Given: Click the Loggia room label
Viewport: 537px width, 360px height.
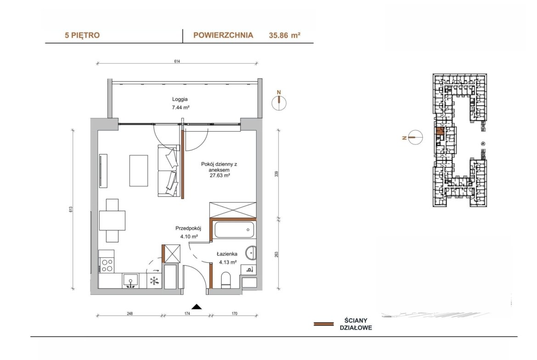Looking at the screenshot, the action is coord(180,99).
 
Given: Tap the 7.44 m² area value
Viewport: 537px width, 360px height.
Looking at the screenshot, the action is coord(180,107).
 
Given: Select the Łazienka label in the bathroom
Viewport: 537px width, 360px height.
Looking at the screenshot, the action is coord(227,254).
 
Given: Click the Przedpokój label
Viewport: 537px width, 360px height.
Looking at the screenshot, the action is coord(188,228).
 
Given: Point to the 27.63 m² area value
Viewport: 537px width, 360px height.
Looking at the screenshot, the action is coord(219,175).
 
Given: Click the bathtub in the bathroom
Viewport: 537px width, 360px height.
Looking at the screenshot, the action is coord(234,230).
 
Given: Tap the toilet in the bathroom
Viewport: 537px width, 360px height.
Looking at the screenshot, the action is coord(226,280).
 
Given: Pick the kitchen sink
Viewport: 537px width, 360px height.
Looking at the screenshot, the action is coord(130,280).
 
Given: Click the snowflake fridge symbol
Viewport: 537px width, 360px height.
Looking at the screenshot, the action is coord(155,281).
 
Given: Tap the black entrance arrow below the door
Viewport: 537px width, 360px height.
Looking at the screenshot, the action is coord(196,307).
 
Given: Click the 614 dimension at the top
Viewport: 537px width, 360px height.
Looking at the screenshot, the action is coord(177,61).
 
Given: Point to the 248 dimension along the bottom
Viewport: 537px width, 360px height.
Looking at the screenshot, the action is coord(129,314).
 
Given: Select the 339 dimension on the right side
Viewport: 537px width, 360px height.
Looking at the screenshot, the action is coord(277,174).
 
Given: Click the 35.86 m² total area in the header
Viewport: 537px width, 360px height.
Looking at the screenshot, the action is coord(285,35).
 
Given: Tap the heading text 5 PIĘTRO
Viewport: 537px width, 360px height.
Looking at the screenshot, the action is coord(82,35).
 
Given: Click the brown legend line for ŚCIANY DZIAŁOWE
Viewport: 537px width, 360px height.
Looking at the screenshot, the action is coord(324,324).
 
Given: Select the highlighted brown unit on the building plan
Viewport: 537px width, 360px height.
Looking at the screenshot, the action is coord(440,131).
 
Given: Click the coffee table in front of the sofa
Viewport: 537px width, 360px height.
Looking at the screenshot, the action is coord(139,171).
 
